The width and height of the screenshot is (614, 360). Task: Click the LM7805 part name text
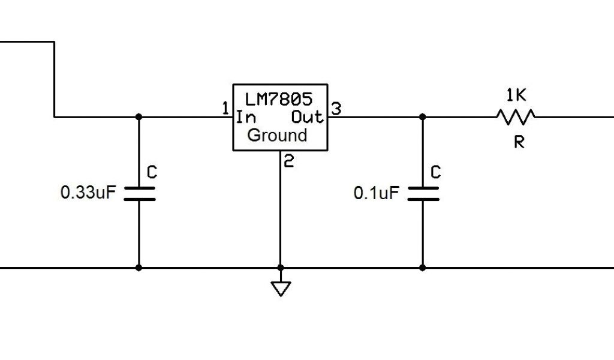coord(279,97)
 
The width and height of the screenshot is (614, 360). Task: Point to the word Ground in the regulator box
coord(277,135)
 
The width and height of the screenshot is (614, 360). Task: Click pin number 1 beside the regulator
coord(225,109)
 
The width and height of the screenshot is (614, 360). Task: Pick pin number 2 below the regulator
coord(288,161)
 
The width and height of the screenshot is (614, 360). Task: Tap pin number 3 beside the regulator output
coord(336,109)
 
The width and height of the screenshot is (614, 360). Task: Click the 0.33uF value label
coord(88,193)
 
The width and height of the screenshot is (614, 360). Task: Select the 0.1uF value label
coord(376,193)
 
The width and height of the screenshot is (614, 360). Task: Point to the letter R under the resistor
coord(519,142)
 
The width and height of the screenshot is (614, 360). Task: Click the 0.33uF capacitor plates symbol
coord(139,193)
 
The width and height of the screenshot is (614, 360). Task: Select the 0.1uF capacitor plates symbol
coord(423,193)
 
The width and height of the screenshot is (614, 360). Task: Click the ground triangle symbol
coord(280,289)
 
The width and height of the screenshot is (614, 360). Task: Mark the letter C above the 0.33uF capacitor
coord(152,173)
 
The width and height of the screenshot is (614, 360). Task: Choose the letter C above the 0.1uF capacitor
coord(436,173)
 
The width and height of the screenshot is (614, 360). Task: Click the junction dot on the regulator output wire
coord(423,117)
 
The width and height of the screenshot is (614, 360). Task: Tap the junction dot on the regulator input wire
coord(139,117)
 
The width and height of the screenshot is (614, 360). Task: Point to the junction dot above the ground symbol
coord(280,268)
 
